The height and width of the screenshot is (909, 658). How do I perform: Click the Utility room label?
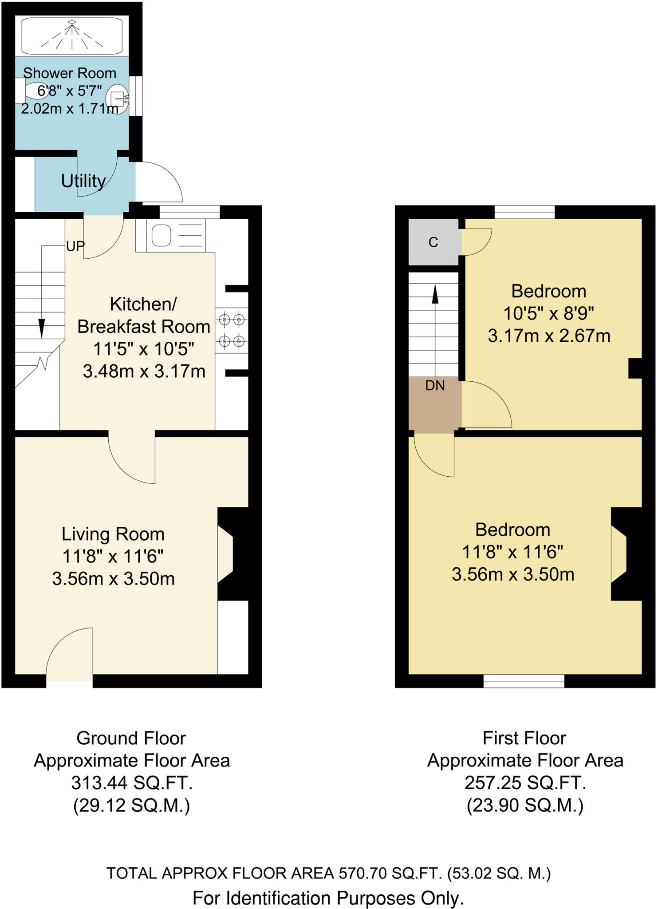83,181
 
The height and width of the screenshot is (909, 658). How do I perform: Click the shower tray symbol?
72,36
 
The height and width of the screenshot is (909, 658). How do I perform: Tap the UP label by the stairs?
75,246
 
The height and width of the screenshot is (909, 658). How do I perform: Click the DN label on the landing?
434,386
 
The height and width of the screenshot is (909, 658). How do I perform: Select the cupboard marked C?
433,242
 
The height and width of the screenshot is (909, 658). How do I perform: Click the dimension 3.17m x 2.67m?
549,336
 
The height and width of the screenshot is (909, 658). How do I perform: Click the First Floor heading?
524,738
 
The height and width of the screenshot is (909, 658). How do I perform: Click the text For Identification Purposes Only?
328,898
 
